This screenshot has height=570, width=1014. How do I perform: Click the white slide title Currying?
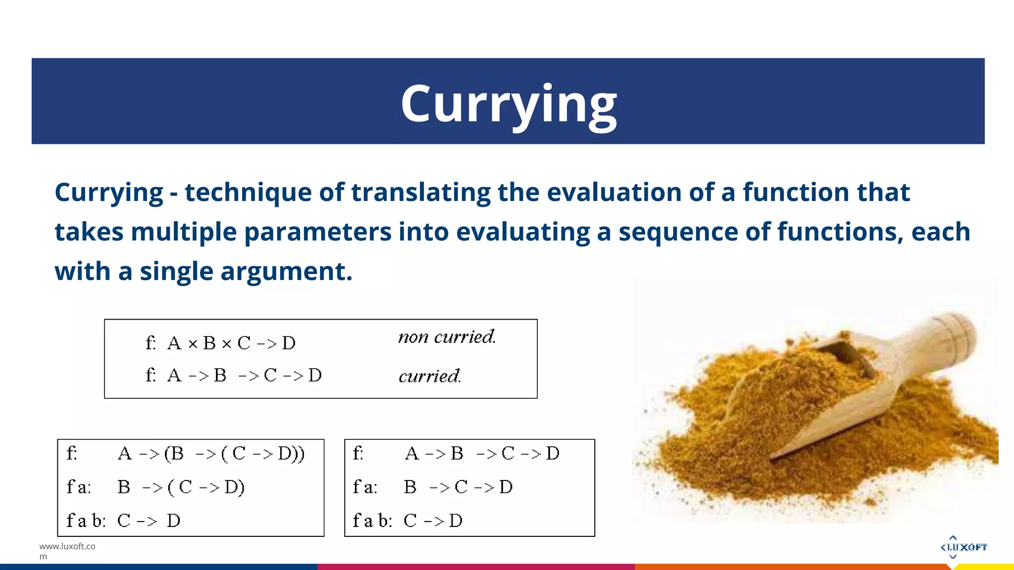click(508, 104)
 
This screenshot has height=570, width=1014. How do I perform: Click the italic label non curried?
click(447, 337)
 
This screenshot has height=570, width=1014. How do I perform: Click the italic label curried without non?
click(430, 376)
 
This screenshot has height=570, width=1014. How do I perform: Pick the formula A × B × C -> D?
click(231, 343)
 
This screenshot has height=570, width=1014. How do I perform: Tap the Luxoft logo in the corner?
click(963, 547)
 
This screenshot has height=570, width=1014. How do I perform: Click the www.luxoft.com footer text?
click(67, 551)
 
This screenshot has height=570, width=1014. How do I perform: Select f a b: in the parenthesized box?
click(86, 521)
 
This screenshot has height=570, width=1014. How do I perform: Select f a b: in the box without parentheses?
click(372, 521)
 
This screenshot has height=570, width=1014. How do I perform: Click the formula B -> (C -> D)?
click(181, 487)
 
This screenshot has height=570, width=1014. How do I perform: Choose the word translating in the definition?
click(421, 192)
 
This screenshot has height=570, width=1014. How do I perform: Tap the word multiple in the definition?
click(184, 232)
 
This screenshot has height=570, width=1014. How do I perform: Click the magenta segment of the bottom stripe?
click(475, 567)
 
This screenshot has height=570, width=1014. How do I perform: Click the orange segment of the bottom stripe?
click(792, 567)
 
